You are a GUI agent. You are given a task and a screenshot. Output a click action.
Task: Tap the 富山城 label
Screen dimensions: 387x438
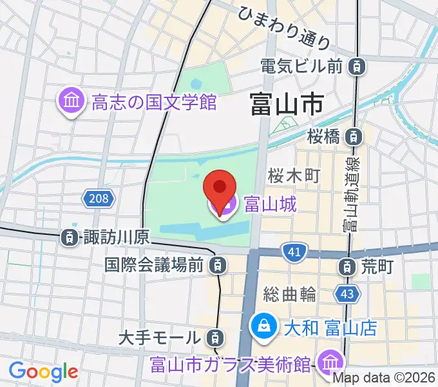270,204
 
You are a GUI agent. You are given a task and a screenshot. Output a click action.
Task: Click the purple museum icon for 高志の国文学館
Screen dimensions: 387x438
71,101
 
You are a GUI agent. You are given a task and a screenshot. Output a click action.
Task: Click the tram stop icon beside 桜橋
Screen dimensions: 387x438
353,136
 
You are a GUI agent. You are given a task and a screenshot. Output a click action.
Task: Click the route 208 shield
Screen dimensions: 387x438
99,197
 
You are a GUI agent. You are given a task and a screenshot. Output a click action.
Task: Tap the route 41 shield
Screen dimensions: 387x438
293,252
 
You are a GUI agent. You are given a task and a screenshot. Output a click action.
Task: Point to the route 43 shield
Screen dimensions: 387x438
345,294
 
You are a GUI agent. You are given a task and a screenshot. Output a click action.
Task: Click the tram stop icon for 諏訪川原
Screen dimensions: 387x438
70,237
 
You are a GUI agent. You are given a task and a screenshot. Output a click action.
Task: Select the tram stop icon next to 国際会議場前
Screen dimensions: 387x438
219,264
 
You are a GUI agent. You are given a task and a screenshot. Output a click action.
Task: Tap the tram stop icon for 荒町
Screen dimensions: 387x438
348,264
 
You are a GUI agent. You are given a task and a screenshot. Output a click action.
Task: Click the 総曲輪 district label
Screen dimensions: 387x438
290,295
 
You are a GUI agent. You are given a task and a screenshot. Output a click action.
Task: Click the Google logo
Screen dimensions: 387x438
43,371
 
